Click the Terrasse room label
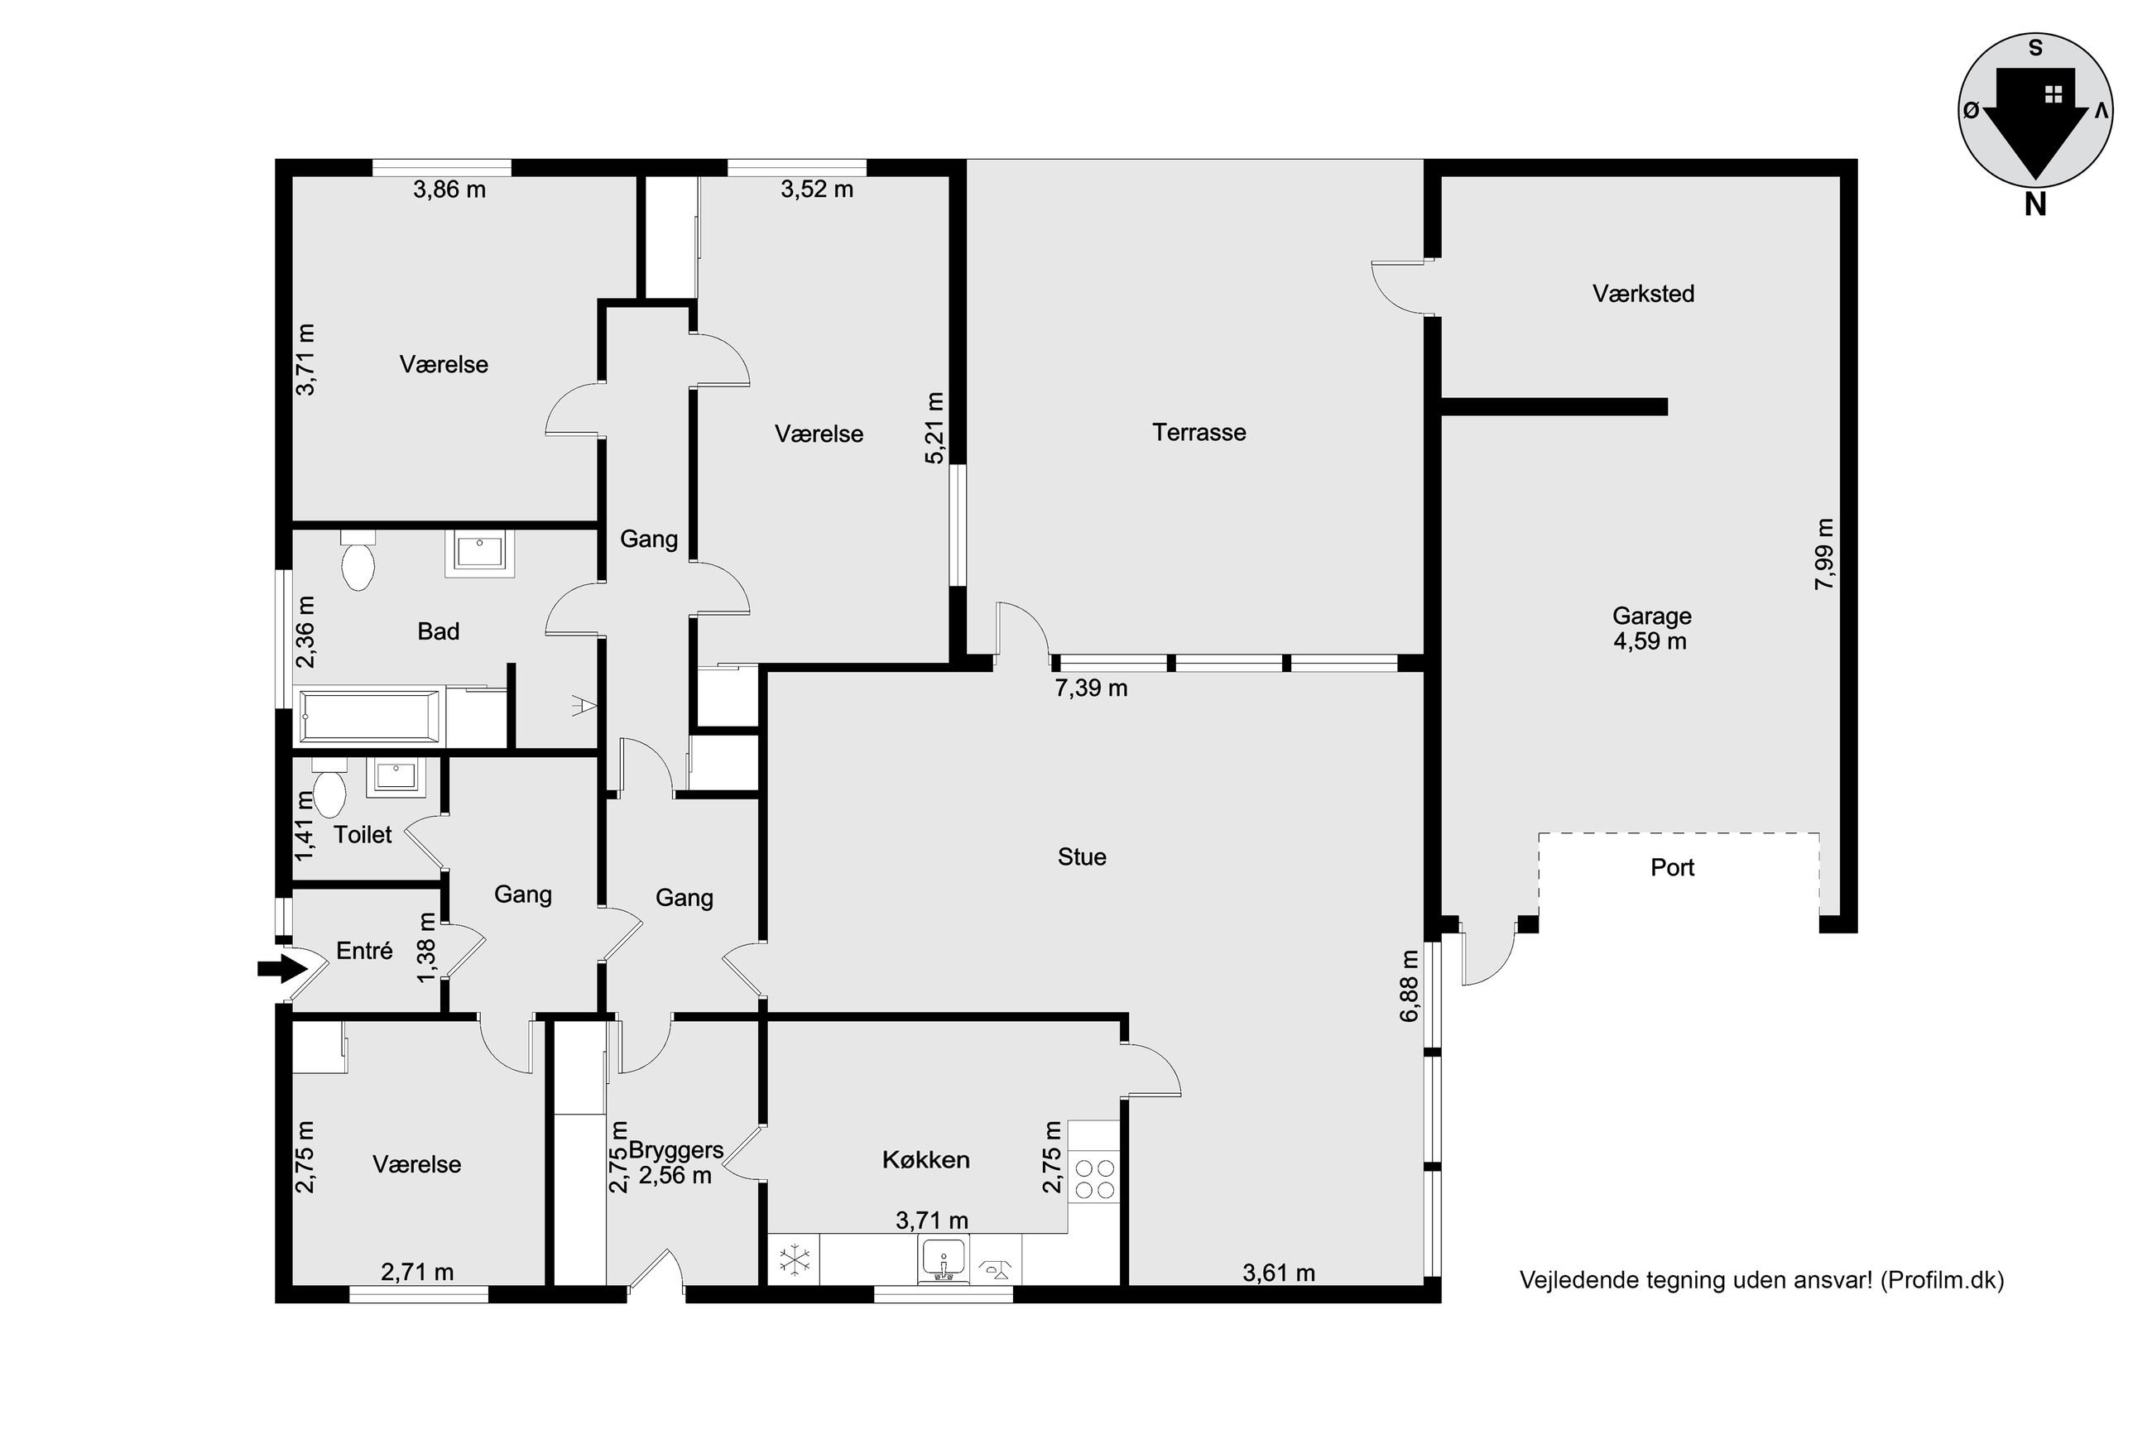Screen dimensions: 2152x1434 [1198, 433]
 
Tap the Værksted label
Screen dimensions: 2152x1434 [1643, 294]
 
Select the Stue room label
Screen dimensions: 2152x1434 [1081, 857]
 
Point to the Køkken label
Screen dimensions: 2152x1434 [925, 1159]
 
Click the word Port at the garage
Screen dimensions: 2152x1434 [1672, 867]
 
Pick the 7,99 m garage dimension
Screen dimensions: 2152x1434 [1824, 554]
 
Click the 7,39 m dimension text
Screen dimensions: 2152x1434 [1091, 688]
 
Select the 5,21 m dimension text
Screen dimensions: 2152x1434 [934, 428]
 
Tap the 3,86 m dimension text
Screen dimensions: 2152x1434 [449, 189]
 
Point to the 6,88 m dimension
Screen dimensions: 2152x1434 [1410, 985]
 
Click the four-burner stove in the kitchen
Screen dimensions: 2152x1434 [1094, 1179]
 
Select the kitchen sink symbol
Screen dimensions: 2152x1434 [943, 1260]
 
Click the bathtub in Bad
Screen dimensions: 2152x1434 [371, 716]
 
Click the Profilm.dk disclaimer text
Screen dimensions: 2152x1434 [1761, 1280]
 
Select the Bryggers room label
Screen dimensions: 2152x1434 [676, 1150]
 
